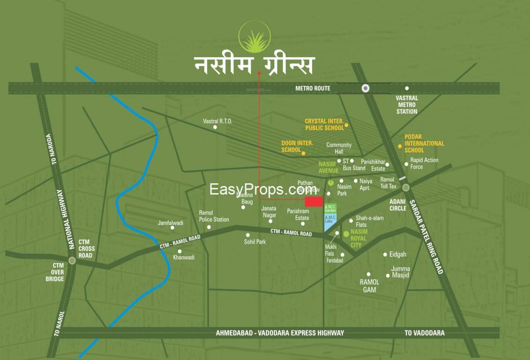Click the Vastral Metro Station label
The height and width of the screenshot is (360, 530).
click(x=406, y=105)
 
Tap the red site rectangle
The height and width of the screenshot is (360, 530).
click(x=314, y=202)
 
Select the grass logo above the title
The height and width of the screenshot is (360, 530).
click(x=254, y=37)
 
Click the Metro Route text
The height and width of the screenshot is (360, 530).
click(x=313, y=88)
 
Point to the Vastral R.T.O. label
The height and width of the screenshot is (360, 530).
click(x=217, y=121)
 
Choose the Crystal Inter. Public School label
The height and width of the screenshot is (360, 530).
click(x=324, y=124)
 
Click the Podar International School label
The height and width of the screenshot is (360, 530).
click(x=424, y=143)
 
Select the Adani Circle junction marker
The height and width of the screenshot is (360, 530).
click(x=406, y=187)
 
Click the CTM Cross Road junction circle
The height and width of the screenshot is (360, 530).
click(x=72, y=261)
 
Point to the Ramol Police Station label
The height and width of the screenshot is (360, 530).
click(x=214, y=216)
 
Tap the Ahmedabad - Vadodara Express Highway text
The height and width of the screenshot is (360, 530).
click(x=280, y=333)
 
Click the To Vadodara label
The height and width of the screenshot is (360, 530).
click(x=425, y=333)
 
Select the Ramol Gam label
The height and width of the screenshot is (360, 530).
click(x=369, y=286)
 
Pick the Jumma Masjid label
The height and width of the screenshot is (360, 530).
click(x=401, y=272)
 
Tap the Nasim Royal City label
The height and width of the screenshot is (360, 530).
click(x=359, y=238)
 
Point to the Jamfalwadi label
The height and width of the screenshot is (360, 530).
click(x=171, y=223)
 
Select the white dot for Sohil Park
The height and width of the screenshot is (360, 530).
click(x=248, y=235)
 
